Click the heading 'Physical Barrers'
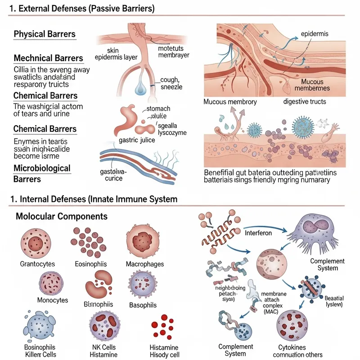(45, 34)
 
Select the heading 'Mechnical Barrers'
(49, 58)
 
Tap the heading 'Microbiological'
(42, 168)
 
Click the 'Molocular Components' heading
(62, 216)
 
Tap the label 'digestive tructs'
(304, 102)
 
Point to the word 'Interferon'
(259, 233)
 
